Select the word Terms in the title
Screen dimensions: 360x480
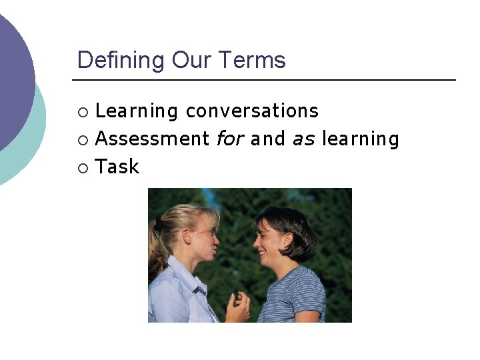coord(253,61)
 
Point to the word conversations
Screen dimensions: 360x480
coord(252,111)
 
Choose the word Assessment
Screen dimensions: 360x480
coord(153,139)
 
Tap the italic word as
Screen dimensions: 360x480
coord(303,139)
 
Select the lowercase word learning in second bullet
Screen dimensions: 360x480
coord(360,139)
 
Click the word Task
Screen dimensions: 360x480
coord(117,167)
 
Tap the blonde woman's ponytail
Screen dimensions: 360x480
coord(157,247)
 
